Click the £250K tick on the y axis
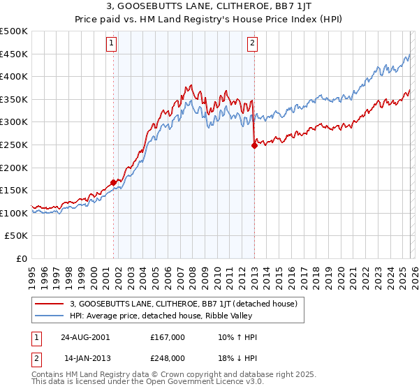(14, 145)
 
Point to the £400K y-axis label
(14, 77)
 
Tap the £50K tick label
(17, 236)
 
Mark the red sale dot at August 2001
(113, 182)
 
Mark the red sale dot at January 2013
(254, 145)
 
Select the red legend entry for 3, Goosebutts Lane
(184, 304)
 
